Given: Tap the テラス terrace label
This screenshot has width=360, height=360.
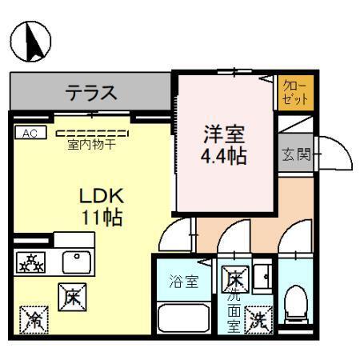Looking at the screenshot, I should tap(91, 92).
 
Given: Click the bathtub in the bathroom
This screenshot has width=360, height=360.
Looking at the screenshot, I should tap(182, 319).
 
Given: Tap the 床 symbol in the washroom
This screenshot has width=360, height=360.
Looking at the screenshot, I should tap(235, 280).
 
